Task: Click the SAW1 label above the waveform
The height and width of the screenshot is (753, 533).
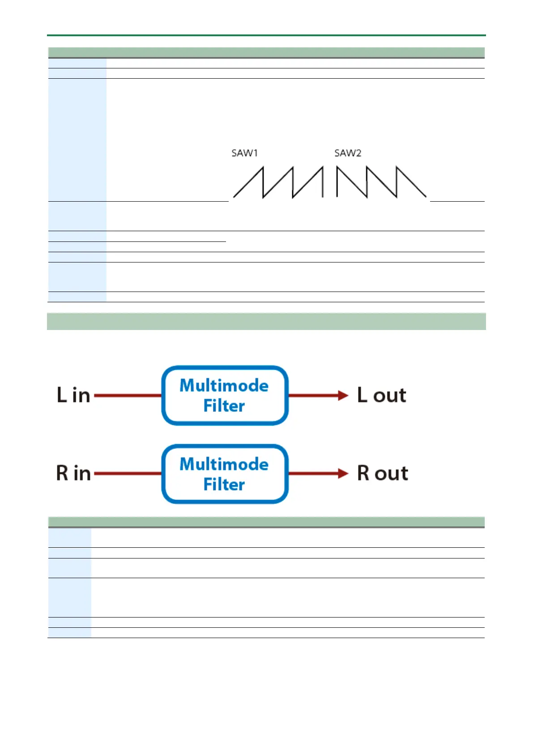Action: (x=244, y=153)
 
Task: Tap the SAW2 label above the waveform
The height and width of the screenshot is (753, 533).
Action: (x=348, y=153)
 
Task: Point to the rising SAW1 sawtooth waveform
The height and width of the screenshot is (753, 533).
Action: (x=278, y=182)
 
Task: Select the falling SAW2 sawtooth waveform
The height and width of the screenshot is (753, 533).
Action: (x=381, y=182)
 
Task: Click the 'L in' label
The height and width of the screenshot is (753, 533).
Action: (x=73, y=395)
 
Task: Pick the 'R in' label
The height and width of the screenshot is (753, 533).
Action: (x=73, y=473)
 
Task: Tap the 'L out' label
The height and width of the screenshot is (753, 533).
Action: (x=382, y=395)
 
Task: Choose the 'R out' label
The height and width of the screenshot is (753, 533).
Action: (x=383, y=473)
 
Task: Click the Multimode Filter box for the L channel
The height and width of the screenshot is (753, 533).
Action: (x=225, y=395)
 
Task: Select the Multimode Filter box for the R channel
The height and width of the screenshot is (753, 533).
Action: (x=225, y=474)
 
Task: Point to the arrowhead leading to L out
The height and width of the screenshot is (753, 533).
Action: (x=343, y=395)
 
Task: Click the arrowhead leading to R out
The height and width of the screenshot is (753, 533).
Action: (x=343, y=474)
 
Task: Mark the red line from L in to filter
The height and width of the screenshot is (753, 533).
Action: (x=128, y=395)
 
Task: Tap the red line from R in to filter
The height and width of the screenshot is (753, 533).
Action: (x=128, y=474)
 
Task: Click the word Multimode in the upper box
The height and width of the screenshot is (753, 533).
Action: (x=224, y=385)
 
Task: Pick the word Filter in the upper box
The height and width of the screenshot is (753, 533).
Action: (x=224, y=406)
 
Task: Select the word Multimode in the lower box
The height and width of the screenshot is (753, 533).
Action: (x=224, y=464)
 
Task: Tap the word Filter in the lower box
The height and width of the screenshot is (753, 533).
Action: (x=224, y=484)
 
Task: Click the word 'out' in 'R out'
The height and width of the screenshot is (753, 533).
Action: (x=392, y=474)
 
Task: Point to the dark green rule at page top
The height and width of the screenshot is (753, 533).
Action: (x=266, y=35)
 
